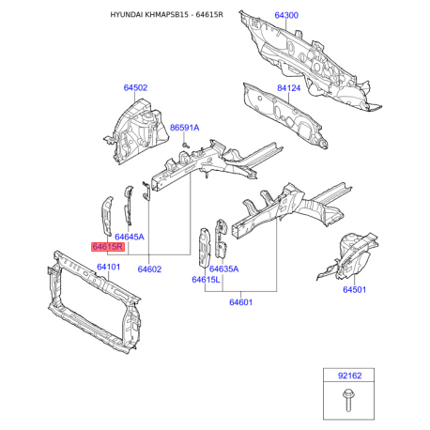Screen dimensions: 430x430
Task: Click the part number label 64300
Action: point(286,15)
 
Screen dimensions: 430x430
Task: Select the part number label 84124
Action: point(288,88)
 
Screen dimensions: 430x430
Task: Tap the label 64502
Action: point(135,87)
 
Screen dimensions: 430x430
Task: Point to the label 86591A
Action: point(184,128)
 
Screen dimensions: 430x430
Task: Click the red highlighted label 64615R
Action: point(108,247)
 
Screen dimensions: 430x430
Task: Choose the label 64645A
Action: point(130,237)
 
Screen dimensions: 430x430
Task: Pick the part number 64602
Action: point(149,269)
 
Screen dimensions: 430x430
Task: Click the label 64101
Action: point(108,267)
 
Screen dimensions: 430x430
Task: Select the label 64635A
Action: point(223,269)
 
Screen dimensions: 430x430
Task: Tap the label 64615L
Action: point(206,280)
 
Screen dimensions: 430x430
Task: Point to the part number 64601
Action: point(240,302)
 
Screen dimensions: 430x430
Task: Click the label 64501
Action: point(354,289)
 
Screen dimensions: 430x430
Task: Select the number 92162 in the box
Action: point(349,376)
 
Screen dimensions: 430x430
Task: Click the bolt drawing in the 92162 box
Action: point(348,400)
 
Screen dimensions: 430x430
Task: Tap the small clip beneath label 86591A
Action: point(187,145)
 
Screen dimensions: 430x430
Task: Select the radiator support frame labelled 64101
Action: point(94,302)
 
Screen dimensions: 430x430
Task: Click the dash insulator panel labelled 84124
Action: point(284,115)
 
